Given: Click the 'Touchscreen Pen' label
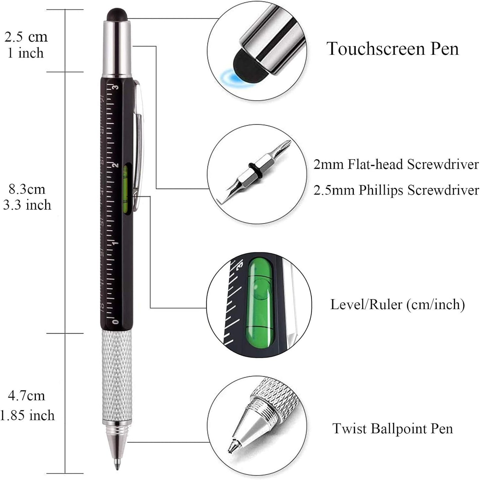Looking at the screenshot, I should (393, 49).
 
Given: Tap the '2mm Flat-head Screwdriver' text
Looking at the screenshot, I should (396, 164).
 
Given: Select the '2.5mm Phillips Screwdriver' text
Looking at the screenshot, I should (396, 191).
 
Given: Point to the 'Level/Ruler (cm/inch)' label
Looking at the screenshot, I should (397, 304).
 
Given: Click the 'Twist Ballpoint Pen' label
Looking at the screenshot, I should (393, 428).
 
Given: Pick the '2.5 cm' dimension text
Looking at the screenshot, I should (26, 37).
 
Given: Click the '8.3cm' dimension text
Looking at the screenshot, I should (27, 189).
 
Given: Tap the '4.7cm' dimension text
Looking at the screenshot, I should (27, 395).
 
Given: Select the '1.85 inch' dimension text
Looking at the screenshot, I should (27, 415).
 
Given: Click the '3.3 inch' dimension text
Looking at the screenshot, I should (27, 205).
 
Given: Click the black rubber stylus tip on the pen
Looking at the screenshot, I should (117, 15).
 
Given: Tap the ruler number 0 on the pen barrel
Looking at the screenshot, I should (115, 321).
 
